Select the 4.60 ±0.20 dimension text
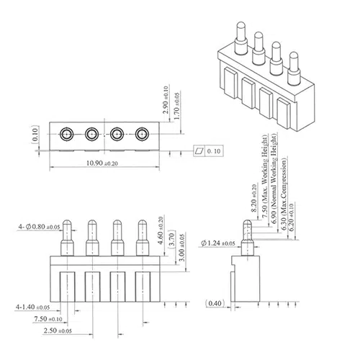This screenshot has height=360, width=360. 161,230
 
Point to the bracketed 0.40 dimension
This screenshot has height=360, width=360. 215,303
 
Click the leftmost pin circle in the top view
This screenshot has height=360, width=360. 66,134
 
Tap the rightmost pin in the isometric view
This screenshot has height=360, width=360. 294,66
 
